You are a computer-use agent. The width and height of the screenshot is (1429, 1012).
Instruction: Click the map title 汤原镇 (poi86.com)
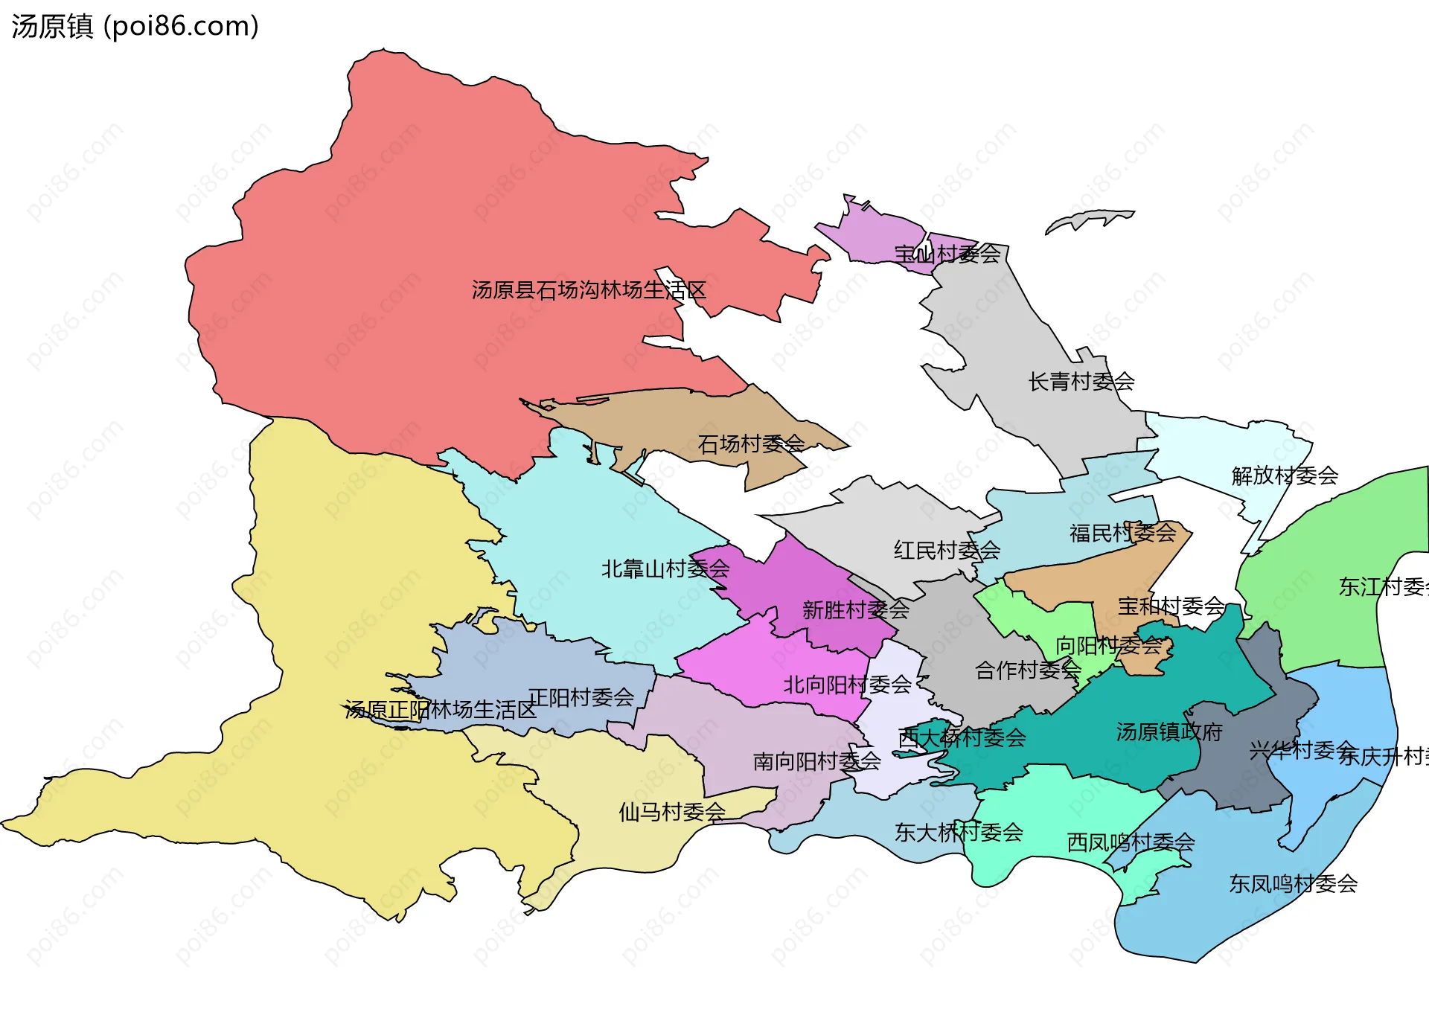(135, 26)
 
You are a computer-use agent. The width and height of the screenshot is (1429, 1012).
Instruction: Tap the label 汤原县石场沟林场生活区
(589, 290)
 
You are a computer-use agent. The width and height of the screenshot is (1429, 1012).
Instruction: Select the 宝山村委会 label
(947, 254)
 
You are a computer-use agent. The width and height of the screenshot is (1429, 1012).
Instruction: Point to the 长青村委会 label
(1081, 382)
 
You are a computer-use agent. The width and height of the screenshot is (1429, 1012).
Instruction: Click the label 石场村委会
(751, 444)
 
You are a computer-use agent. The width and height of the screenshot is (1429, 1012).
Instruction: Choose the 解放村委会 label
(1285, 475)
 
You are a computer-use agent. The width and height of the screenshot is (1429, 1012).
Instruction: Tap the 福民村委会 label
(1122, 533)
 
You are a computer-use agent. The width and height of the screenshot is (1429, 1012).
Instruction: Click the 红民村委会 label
(947, 551)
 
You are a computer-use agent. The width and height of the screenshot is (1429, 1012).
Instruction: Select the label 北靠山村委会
(665, 569)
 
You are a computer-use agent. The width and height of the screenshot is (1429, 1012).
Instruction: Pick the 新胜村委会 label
(855, 610)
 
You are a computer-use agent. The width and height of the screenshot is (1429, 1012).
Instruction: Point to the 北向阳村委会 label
(847, 685)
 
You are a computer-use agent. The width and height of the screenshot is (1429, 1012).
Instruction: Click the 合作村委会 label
(1028, 670)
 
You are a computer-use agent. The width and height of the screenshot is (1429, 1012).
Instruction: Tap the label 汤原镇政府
(1169, 732)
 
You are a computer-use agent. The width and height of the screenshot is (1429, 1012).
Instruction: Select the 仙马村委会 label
(672, 812)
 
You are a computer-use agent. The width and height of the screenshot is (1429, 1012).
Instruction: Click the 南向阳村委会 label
(816, 761)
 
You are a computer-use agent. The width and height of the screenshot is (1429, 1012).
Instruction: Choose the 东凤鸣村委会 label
(1293, 884)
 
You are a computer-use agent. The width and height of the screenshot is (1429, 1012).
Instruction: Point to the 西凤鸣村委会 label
(1131, 842)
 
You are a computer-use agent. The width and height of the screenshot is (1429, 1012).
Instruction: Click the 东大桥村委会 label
(959, 833)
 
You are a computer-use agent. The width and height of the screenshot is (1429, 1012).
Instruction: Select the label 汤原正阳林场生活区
(440, 710)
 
